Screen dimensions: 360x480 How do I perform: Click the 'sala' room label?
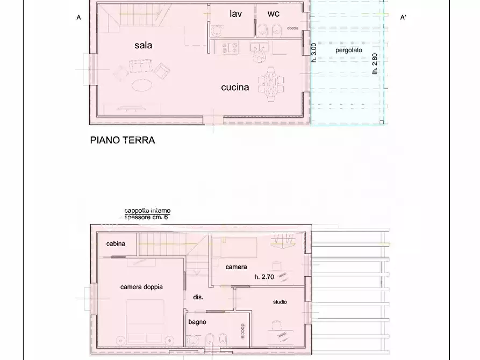143,45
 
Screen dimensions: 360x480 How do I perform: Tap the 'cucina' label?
235,87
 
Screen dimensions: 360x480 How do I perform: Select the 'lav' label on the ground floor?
235,13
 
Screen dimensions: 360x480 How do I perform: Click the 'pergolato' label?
349,50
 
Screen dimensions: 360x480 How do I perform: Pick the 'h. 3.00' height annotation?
314,54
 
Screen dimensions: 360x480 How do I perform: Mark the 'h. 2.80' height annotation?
375,63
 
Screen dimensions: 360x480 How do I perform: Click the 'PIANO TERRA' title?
122,140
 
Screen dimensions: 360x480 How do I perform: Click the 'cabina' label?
116,244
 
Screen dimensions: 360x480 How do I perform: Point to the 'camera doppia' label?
141,287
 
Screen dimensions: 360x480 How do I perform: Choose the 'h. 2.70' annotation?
264,277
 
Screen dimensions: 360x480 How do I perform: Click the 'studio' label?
280,302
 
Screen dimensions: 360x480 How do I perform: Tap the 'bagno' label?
197,322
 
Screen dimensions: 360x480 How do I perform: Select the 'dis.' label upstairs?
198,297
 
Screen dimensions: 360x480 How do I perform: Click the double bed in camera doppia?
145,320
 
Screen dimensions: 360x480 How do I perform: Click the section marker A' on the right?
403,18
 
